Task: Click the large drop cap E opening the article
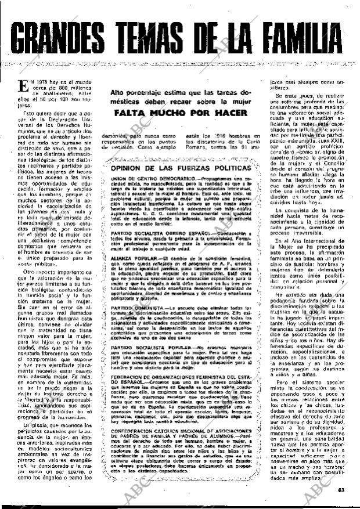(24, 86)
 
